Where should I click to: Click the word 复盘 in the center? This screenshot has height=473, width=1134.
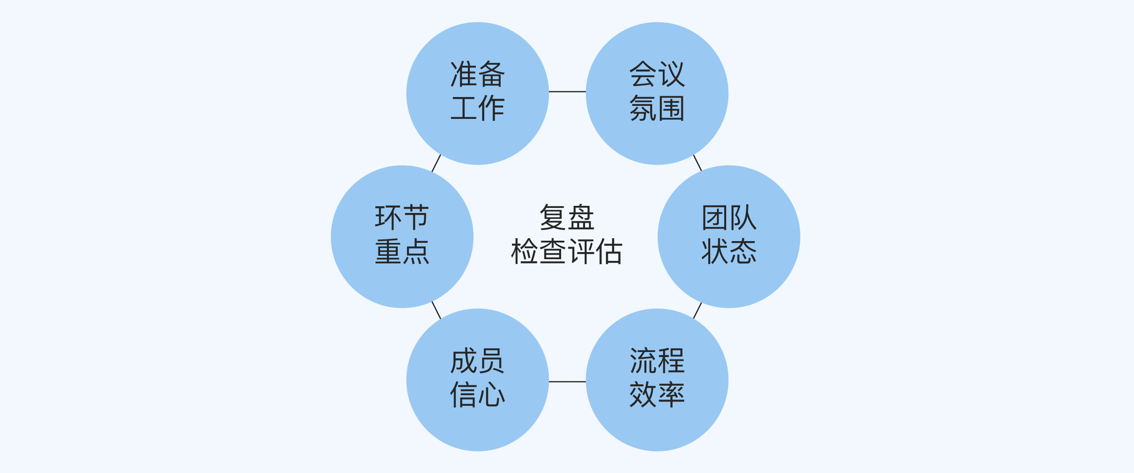click(567, 217)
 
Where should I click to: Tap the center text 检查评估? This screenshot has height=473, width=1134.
click(567, 252)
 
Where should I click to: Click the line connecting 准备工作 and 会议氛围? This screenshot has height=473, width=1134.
click(567, 92)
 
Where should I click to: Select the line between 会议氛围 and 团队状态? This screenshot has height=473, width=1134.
click(697, 163)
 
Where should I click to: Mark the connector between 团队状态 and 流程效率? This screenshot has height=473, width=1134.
click(697, 310)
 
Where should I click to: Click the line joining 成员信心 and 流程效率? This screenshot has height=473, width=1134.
click(567, 381)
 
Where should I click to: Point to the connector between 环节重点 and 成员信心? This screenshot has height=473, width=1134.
click(436, 310)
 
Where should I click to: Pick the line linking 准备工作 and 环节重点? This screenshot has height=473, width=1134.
click(436, 163)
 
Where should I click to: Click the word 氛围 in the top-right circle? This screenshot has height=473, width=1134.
click(657, 108)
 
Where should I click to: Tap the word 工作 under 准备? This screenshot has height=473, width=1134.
click(477, 108)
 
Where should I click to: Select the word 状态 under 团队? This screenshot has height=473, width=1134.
click(729, 252)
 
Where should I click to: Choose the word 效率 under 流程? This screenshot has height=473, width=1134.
click(657, 394)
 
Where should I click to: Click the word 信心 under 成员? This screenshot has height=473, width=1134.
click(477, 394)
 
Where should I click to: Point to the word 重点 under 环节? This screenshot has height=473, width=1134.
click(402, 252)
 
